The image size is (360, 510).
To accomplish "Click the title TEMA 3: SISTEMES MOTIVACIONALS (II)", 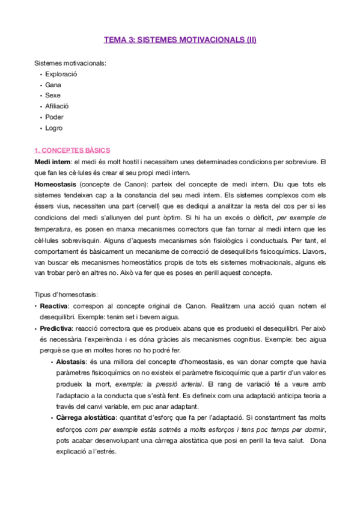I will coord(180,40).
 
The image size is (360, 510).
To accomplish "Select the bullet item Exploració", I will coord(61,74).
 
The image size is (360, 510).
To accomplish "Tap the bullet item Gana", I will coord(53,85).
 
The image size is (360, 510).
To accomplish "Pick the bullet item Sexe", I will coord(53,96).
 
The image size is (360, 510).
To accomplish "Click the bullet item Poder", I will coord(54,117).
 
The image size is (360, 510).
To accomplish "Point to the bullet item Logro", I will coord(53,128).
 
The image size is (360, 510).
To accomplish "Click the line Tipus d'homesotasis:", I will coord(66,295).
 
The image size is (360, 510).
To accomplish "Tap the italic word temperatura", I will coord(53,228).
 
